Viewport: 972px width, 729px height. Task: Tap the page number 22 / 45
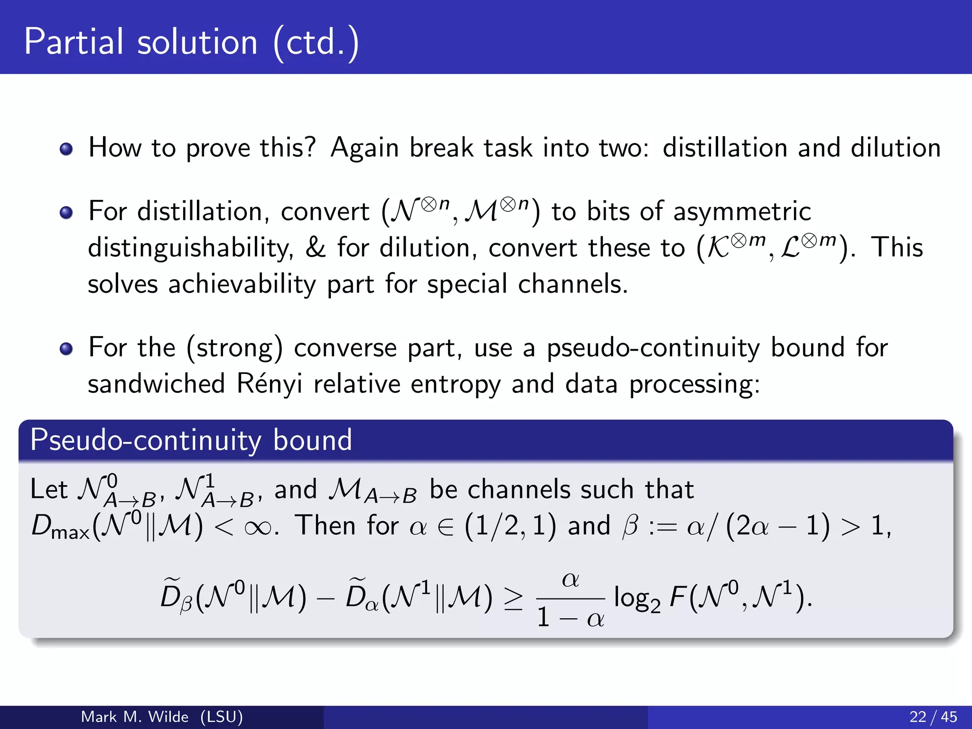pyautogui.click(x=933, y=717)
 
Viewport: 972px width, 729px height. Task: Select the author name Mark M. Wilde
pyautogui.click(x=134, y=717)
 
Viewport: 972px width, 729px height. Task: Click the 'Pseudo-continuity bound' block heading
pyautogui.click(x=191, y=440)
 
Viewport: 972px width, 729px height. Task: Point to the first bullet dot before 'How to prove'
pyautogui.click(x=66, y=149)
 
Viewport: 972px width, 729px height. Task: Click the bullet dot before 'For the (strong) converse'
pyautogui.click(x=66, y=349)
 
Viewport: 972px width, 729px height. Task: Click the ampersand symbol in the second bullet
pyautogui.click(x=316, y=247)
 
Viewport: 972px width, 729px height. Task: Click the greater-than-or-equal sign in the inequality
pyautogui.click(x=513, y=599)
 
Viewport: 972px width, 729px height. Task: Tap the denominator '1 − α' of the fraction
pyautogui.click(x=570, y=618)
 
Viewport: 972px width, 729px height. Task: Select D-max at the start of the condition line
pyautogui.click(x=60, y=527)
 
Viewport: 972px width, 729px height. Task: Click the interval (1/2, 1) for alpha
pyautogui.click(x=510, y=526)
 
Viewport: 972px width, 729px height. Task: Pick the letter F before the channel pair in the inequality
pyautogui.click(x=677, y=597)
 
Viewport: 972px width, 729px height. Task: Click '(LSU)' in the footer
pyautogui.click(x=221, y=717)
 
